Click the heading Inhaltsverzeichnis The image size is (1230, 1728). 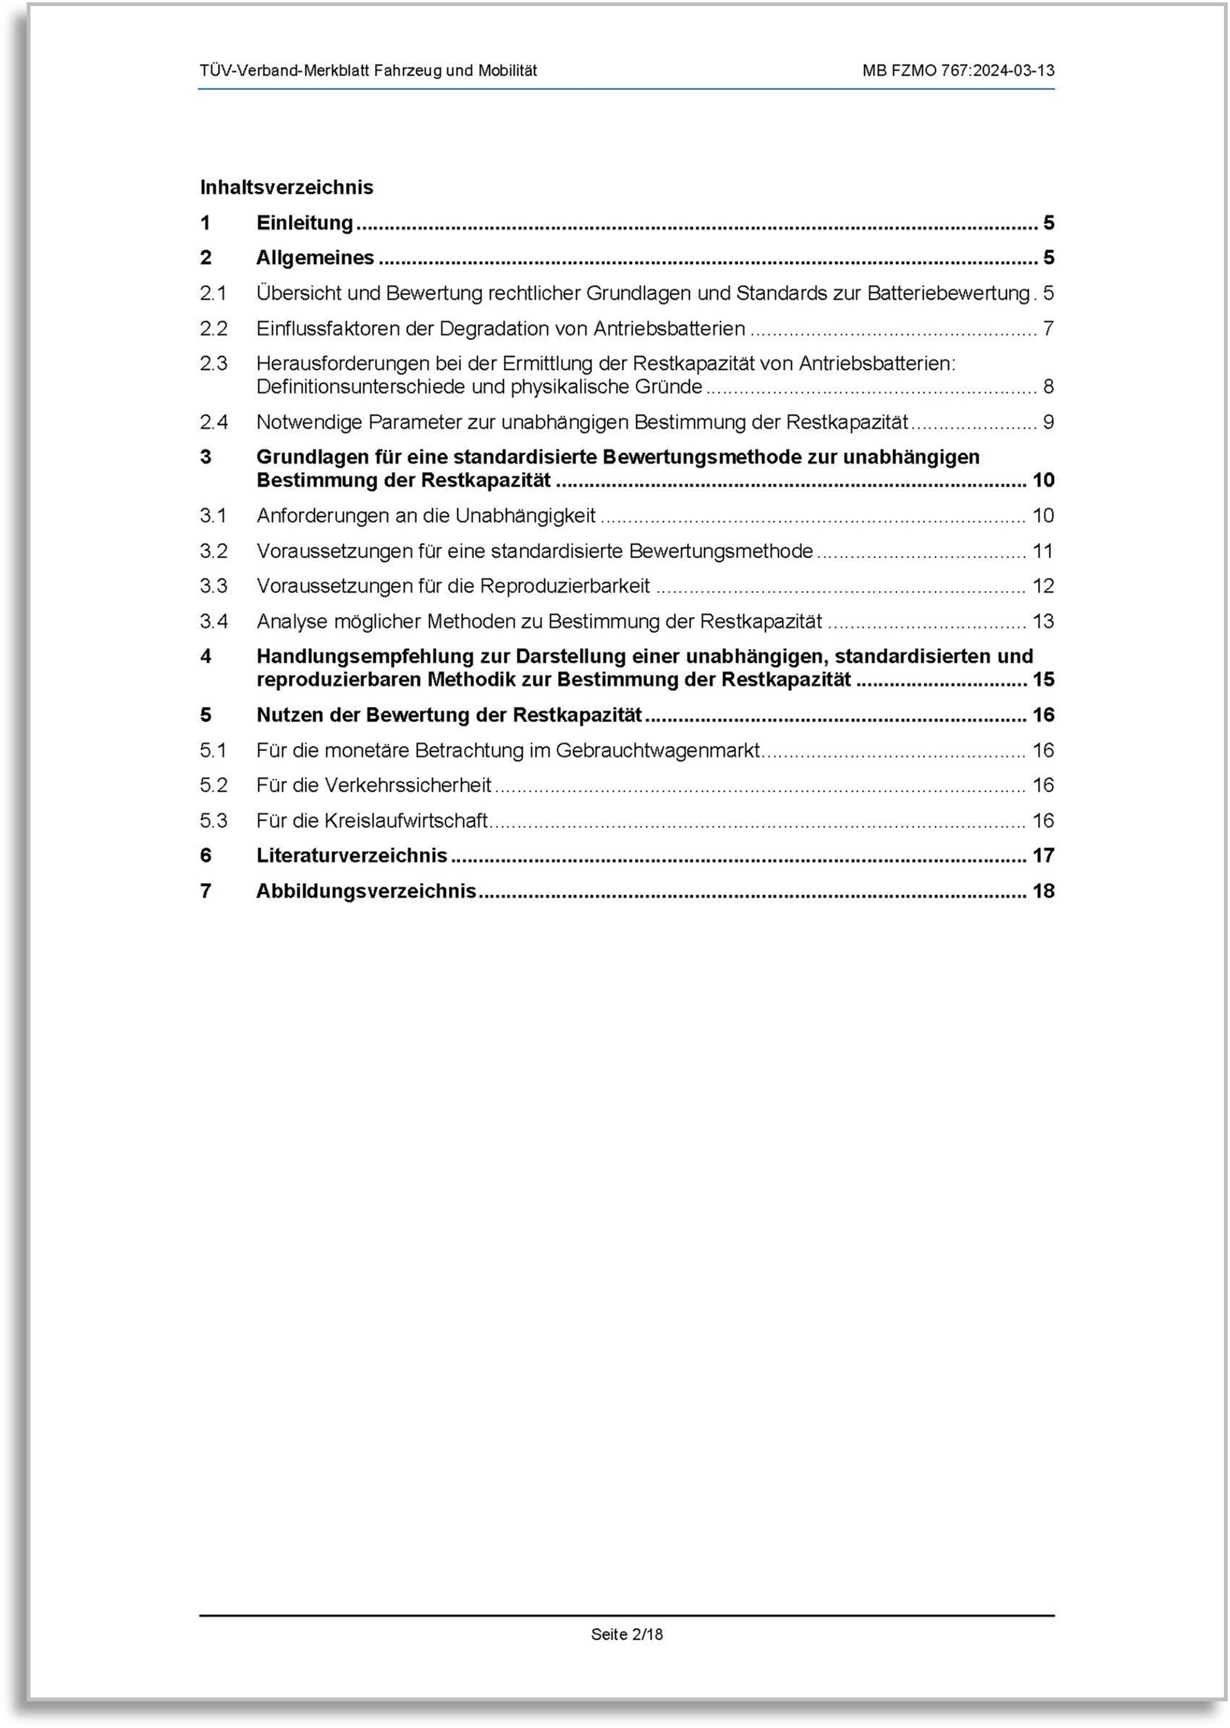(x=287, y=188)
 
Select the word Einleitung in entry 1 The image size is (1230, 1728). (x=305, y=223)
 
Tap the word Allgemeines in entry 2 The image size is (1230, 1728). (x=315, y=258)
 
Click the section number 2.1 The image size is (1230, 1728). (x=213, y=293)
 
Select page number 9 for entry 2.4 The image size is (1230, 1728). (x=1048, y=422)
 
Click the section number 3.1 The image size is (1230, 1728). (x=213, y=516)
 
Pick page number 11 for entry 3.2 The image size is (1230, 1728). (x=1042, y=551)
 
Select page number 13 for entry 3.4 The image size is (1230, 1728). (x=1043, y=622)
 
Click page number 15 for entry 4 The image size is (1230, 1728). (x=1043, y=679)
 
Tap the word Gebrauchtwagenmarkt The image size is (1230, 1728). (x=657, y=750)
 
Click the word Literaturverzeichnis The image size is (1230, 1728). (x=351, y=856)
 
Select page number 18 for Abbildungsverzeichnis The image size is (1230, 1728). (x=1043, y=891)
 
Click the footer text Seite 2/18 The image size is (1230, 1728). (x=626, y=1634)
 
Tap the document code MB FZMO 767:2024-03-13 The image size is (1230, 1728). (x=958, y=71)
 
